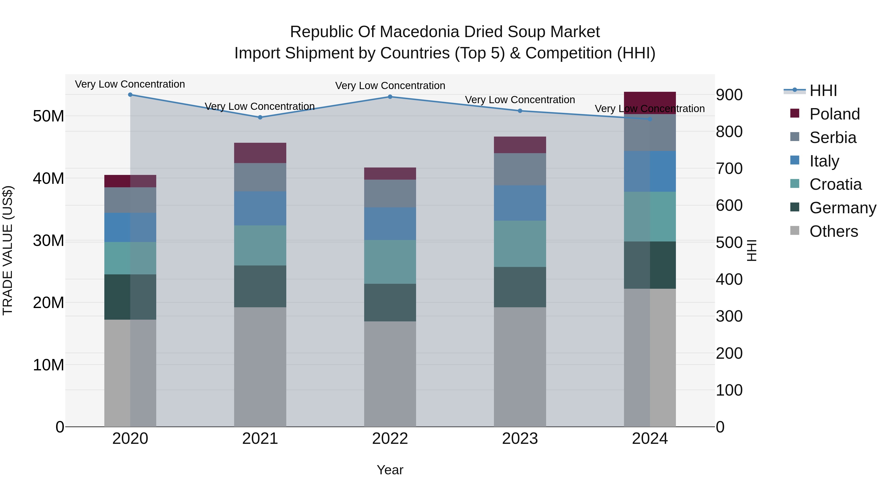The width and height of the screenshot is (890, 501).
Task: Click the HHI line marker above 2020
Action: (x=130, y=95)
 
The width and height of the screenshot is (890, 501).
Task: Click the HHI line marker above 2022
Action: (x=390, y=97)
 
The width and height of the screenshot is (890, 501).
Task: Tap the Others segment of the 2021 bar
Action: (x=260, y=366)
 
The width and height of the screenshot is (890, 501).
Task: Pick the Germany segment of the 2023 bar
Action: (x=520, y=287)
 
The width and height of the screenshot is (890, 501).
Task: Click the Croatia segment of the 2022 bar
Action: (x=390, y=262)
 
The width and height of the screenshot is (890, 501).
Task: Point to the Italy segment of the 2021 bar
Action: (x=260, y=209)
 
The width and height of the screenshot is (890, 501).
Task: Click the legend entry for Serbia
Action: (x=833, y=138)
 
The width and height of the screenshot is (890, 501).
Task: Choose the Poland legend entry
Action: (x=834, y=114)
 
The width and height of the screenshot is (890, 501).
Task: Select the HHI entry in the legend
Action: (x=823, y=91)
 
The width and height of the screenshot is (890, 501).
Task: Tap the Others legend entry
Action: (x=833, y=231)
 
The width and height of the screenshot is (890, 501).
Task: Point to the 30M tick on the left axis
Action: (x=48, y=241)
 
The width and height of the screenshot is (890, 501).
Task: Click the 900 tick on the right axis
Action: (x=729, y=95)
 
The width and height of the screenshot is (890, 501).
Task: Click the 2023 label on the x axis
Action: (x=520, y=439)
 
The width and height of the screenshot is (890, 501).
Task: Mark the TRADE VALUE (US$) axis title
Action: (x=8, y=250)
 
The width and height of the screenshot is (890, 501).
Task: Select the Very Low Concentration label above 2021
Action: (x=260, y=106)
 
